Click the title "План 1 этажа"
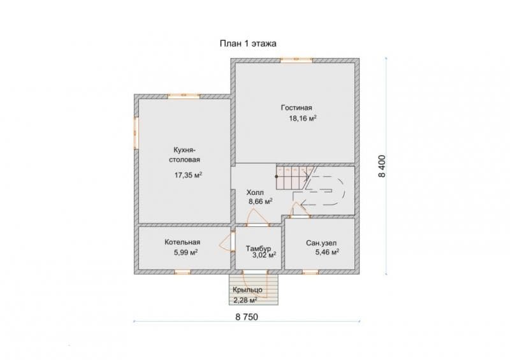(248, 43)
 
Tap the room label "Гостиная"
(296, 108)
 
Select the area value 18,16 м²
(303, 119)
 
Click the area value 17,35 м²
(188, 175)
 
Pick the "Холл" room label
(255, 192)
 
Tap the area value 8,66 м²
(261, 201)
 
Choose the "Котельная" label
(182, 242)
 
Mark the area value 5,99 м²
(186, 252)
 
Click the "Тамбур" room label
(258, 248)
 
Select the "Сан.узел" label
(321, 243)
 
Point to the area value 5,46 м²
(327, 252)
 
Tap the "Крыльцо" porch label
(247, 290)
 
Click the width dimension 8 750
(247, 317)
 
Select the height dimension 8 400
(382, 166)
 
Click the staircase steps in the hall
(293, 178)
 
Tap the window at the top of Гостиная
(296, 60)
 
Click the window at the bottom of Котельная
(182, 272)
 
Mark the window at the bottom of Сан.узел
(310, 272)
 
